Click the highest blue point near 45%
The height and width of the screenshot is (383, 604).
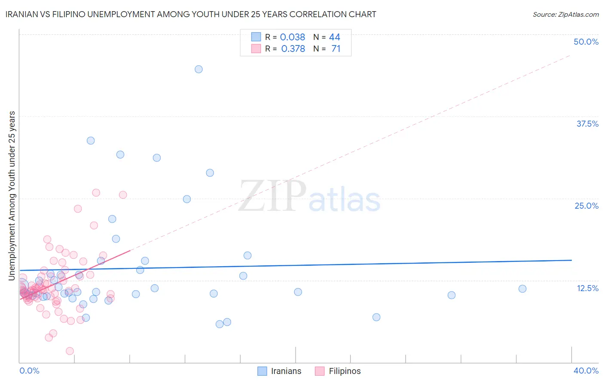pyautogui.click(x=198, y=69)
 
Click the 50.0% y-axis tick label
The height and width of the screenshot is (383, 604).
pyautogui.click(x=586, y=42)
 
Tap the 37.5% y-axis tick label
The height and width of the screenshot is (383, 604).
pyautogui.click(x=587, y=124)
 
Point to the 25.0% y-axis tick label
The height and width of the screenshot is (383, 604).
pyautogui.click(x=586, y=206)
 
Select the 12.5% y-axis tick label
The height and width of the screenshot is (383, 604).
pyautogui.click(x=587, y=288)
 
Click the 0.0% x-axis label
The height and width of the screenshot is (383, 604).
pyautogui.click(x=29, y=371)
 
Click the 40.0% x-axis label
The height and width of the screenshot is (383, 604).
pyautogui.click(x=586, y=371)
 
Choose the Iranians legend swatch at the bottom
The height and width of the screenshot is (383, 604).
pyautogui.click(x=262, y=371)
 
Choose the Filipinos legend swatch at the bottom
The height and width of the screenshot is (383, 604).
pyautogui.click(x=320, y=371)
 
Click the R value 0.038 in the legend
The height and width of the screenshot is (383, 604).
pyautogui.click(x=293, y=37)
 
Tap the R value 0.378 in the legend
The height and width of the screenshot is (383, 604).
pyautogui.click(x=293, y=49)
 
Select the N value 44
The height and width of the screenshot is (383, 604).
pyautogui.click(x=335, y=37)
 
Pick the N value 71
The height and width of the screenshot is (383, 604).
pyautogui.click(x=336, y=49)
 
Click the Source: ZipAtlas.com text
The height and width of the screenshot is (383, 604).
pyautogui.click(x=565, y=15)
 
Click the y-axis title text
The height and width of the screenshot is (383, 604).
pyautogui.click(x=12, y=196)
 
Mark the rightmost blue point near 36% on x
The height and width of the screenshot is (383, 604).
pyautogui.click(x=522, y=289)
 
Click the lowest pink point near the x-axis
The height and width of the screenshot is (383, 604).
pyautogui.click(x=70, y=351)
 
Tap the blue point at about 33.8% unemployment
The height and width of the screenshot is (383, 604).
pyautogui.click(x=91, y=140)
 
